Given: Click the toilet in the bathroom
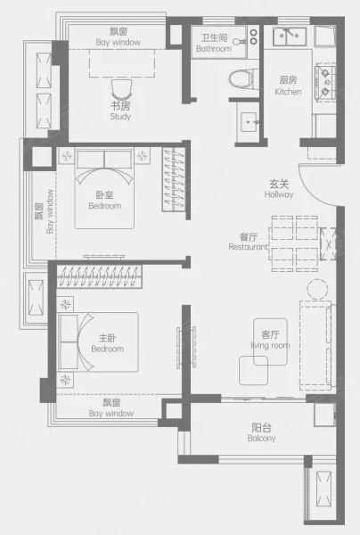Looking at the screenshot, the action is point(242,79).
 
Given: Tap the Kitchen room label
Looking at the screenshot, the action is point(288,86).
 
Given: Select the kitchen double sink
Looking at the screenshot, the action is point(290,37).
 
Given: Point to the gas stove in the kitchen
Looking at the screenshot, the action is point(325,82).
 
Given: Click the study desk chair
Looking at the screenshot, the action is point(121,90).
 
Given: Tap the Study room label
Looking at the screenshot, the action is point(120,111).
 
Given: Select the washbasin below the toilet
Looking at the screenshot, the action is point(249,122).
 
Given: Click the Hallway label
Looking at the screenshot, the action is point(279,189).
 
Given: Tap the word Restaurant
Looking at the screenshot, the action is point(249,247).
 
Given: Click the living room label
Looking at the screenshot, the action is point(270,340).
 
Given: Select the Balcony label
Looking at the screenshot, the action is point(261,432).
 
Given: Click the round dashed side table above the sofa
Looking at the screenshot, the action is point(317,289).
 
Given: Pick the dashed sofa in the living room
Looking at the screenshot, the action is point(316,345).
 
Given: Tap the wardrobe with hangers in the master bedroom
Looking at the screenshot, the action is point(99,276).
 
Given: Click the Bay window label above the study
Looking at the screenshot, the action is point(119,37).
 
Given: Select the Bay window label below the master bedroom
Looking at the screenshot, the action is point(111,408).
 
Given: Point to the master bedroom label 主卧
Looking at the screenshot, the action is point(108,338).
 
